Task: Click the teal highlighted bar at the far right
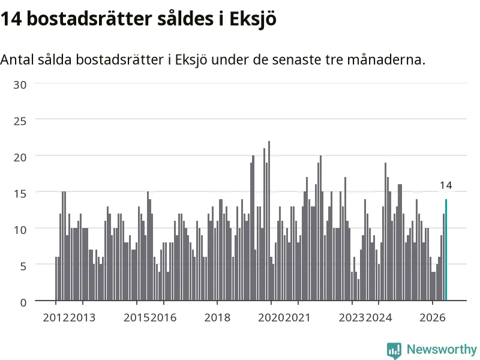point(446,250)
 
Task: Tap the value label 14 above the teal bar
point(446,185)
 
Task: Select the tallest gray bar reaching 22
point(269,221)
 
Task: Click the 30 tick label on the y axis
point(20,85)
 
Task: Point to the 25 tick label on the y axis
point(20,121)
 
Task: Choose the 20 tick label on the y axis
point(20,157)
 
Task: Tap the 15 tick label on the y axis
point(20,193)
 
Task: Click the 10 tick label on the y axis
point(20,230)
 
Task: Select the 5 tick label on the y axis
point(23,266)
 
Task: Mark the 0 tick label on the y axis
point(23,302)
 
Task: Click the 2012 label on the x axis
point(56,317)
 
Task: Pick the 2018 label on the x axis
point(217,317)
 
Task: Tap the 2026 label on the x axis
point(432,317)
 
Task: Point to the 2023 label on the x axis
point(352,317)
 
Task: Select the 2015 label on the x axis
point(137,317)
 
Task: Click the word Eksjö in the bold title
point(253,19)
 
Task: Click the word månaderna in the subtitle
point(386,59)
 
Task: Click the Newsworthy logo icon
point(394,350)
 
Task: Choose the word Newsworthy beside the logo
point(442,349)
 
